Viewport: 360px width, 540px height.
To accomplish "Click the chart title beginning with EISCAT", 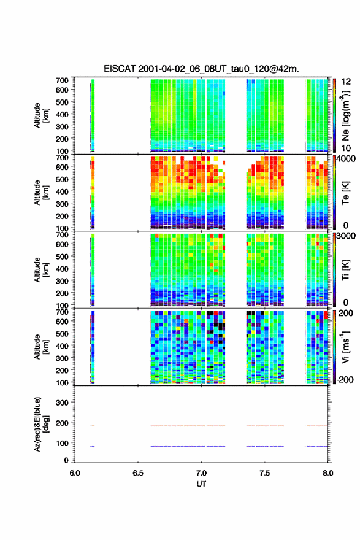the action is [201, 69].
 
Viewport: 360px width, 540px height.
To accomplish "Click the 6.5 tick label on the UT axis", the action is [138, 473].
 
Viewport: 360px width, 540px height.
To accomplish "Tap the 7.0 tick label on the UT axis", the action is [201, 473].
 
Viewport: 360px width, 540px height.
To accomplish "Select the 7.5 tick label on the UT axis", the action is [265, 473].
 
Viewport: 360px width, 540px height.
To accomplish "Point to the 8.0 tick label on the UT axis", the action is [328, 473].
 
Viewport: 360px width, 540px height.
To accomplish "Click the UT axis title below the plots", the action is [201, 484].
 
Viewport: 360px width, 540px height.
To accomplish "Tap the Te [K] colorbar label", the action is [345, 193].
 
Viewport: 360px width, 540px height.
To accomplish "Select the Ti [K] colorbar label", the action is [345, 270].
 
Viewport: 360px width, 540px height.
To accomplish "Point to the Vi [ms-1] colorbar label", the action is [345, 347].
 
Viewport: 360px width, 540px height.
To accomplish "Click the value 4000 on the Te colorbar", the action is [347, 159].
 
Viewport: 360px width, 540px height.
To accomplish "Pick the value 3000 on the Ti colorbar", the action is [346, 236].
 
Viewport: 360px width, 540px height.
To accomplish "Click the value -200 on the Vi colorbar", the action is [345, 379].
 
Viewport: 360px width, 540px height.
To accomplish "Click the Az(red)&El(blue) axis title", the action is [41, 424].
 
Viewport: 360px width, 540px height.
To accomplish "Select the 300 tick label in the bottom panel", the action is [63, 403].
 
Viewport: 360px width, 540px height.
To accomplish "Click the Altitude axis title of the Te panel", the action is [41, 193].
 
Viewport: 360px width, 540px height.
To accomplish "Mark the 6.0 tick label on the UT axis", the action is [75, 473].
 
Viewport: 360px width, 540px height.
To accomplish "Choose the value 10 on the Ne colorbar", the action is [346, 148].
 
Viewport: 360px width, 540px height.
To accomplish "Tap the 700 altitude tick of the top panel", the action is [63, 80].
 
